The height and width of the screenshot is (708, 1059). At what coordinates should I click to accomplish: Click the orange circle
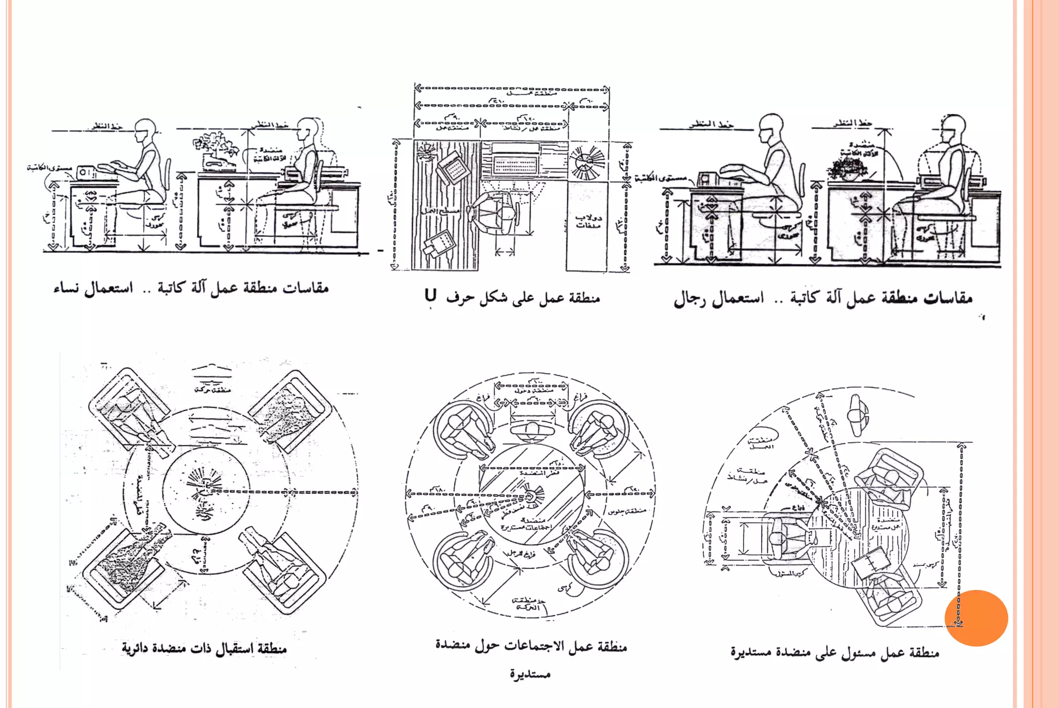point(976,617)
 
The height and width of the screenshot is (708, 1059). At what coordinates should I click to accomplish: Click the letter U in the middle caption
point(431,296)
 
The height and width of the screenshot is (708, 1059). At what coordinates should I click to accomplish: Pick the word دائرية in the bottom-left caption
point(139,649)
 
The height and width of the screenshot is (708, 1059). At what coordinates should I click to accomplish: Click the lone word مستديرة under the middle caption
point(530,674)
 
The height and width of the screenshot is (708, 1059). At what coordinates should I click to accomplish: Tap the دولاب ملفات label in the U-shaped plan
point(588,221)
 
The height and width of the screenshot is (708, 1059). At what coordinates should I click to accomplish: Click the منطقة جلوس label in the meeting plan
point(627,511)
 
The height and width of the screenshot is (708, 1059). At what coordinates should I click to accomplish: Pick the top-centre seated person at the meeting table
point(532,430)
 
